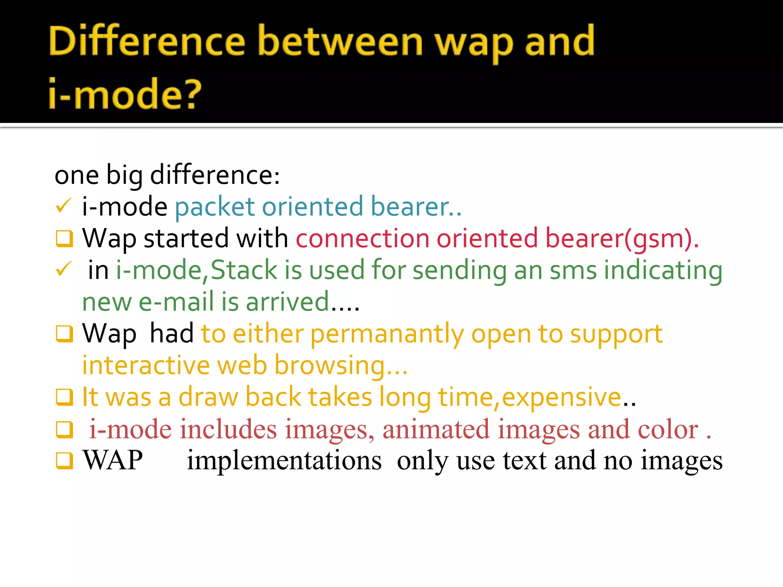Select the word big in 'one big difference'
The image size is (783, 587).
click(124, 175)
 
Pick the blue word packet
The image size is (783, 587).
click(214, 207)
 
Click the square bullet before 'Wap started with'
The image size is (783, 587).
click(64, 238)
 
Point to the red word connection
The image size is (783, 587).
click(362, 238)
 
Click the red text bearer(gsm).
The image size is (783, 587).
click(622, 238)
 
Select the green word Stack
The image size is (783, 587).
click(244, 270)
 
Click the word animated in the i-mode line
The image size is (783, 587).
click(436, 429)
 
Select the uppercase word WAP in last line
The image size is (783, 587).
click(113, 460)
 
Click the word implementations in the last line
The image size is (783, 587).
click(284, 461)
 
